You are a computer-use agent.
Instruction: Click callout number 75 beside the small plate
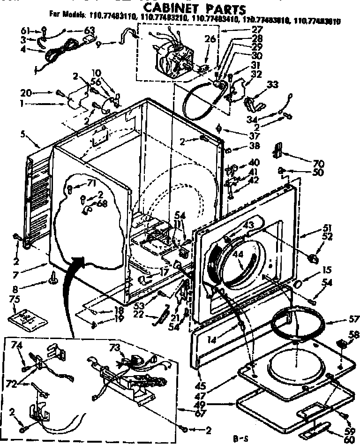(15, 298)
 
